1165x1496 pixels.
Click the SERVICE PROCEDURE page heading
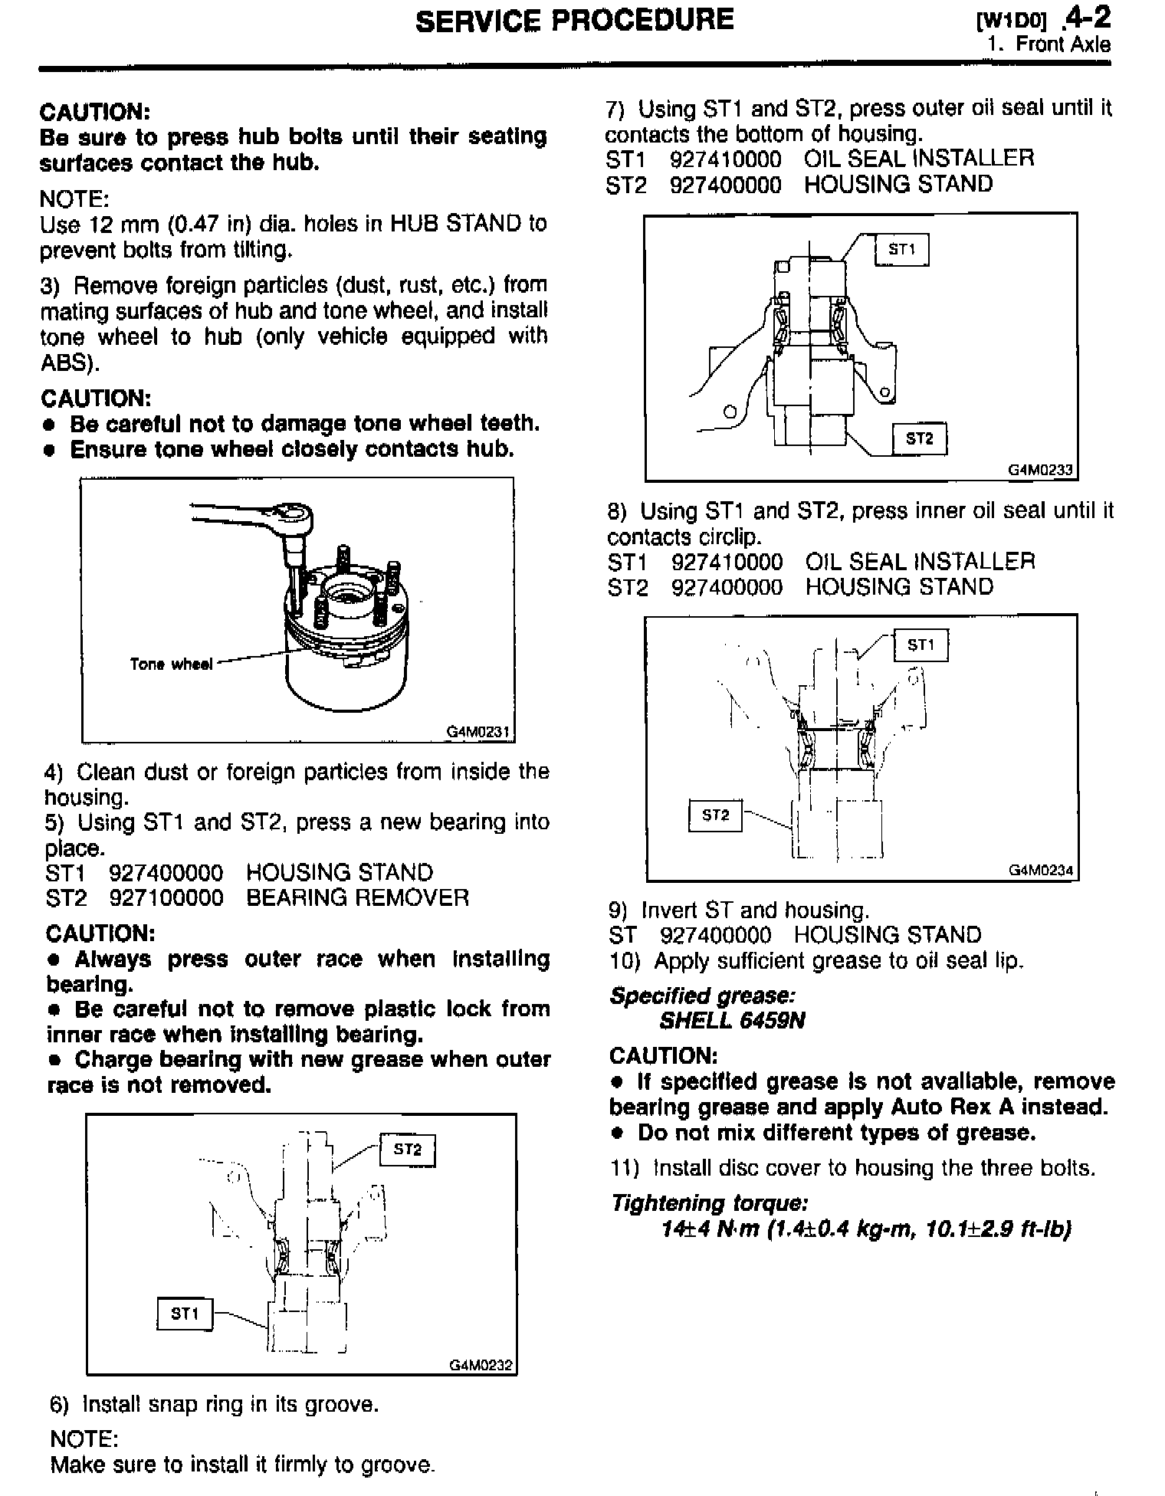(x=574, y=21)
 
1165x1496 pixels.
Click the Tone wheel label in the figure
(x=171, y=664)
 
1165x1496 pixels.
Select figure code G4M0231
(x=479, y=732)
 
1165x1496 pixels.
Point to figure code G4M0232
(x=481, y=1365)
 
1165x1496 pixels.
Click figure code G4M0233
(x=1041, y=470)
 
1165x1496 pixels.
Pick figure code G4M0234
(x=1042, y=871)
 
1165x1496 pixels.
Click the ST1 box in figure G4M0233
(x=901, y=250)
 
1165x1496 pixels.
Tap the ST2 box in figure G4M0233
(x=920, y=438)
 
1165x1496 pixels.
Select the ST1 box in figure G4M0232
(x=185, y=1314)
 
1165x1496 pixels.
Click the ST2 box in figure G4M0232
(x=407, y=1150)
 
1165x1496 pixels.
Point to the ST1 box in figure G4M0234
(x=921, y=645)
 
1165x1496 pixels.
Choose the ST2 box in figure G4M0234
(x=716, y=815)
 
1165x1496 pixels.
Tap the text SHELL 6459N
(x=732, y=1022)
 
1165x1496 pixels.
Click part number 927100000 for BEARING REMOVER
(x=166, y=897)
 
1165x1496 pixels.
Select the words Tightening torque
(x=709, y=1203)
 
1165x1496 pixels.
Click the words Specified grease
(x=702, y=996)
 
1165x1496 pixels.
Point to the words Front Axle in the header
(x=1062, y=44)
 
